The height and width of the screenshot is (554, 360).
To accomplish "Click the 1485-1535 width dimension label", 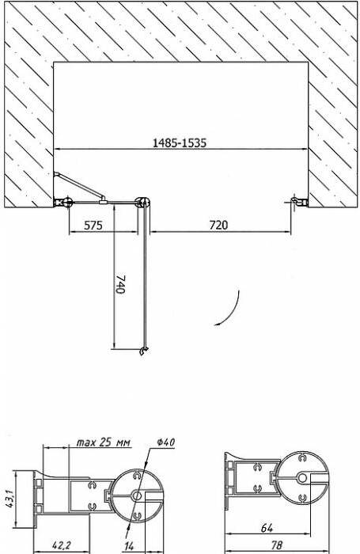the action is [179, 142].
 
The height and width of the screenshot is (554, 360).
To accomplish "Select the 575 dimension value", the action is [93, 225].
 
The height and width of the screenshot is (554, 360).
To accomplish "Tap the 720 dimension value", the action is [218, 225].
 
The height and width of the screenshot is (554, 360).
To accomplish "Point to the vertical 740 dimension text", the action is [120, 284].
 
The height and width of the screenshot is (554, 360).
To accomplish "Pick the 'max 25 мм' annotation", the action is [104, 442].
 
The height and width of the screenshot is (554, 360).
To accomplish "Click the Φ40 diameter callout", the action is [165, 442].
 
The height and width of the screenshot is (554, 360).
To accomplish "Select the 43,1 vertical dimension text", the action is [9, 499].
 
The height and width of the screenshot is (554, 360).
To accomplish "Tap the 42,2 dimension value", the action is [61, 545].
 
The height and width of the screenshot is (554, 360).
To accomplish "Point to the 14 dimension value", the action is [129, 546].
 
